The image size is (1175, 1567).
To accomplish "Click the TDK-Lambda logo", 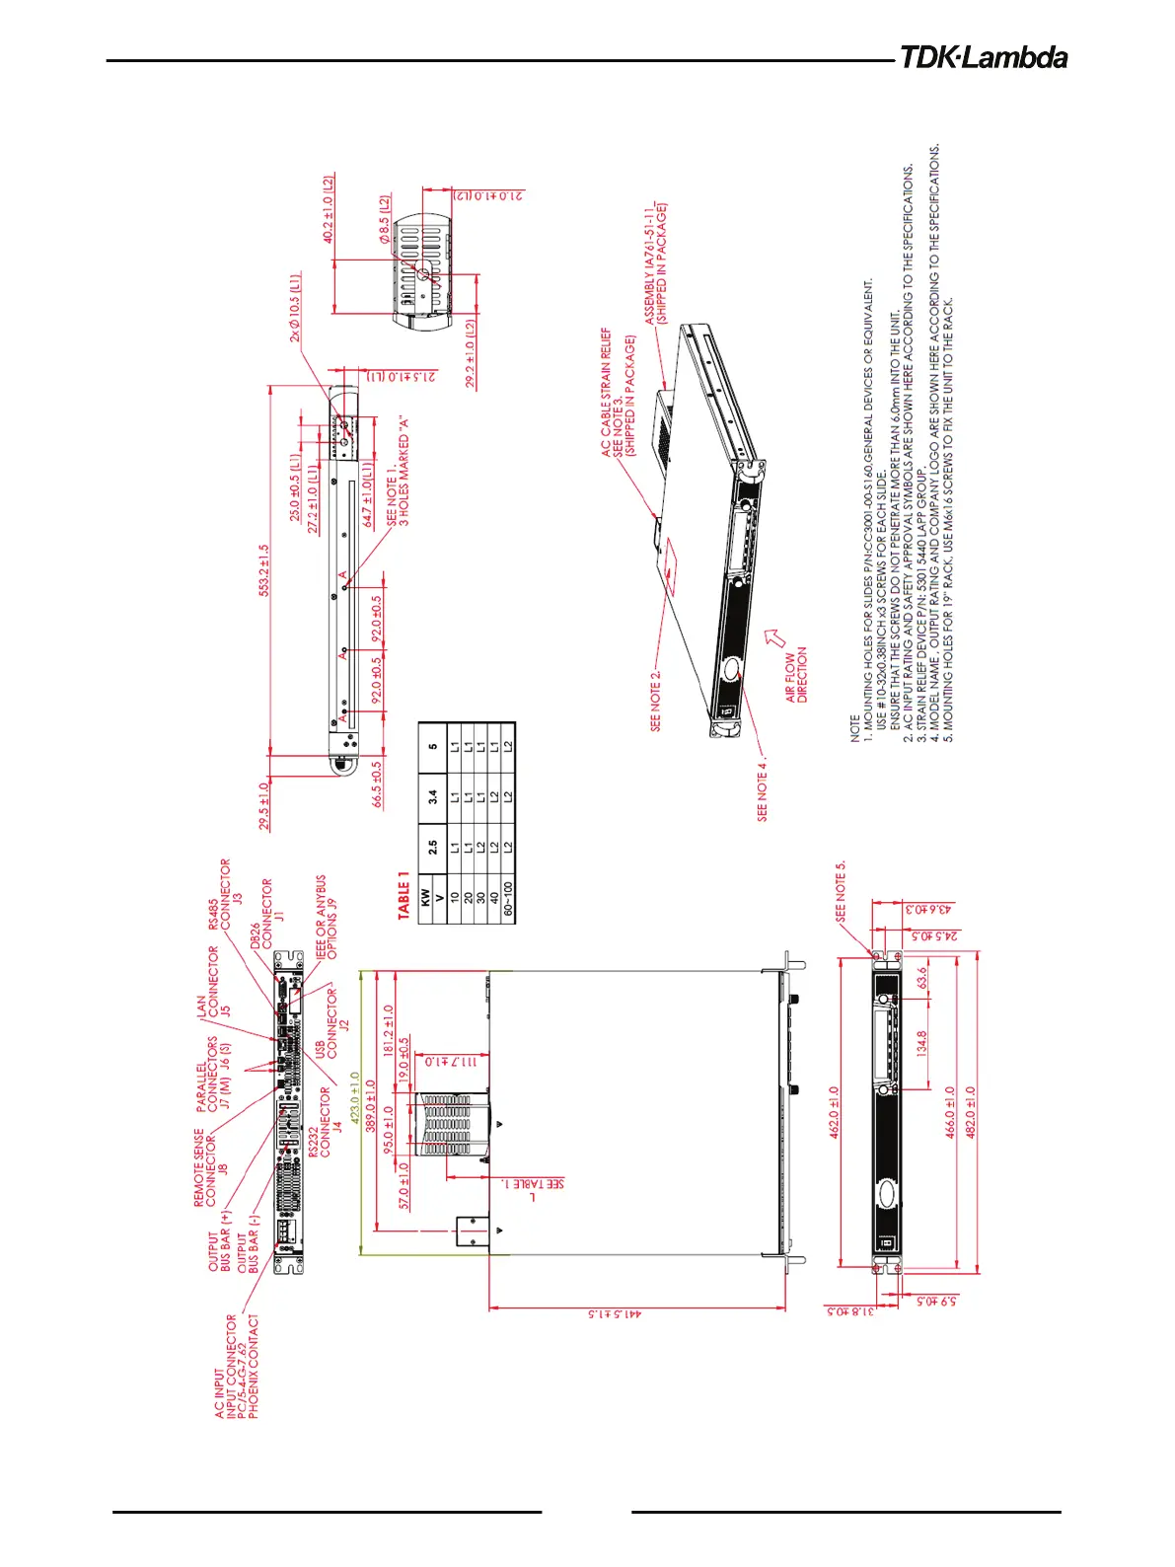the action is (983, 57).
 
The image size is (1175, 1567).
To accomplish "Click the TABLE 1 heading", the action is (404, 895).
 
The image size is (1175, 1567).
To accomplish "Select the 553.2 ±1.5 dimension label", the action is (264, 571).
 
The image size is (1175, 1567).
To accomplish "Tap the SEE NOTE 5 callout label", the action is (841, 891).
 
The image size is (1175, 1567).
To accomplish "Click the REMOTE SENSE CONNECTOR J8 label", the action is (210, 1169).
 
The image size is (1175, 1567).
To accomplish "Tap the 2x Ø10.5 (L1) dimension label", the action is (295, 308).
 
